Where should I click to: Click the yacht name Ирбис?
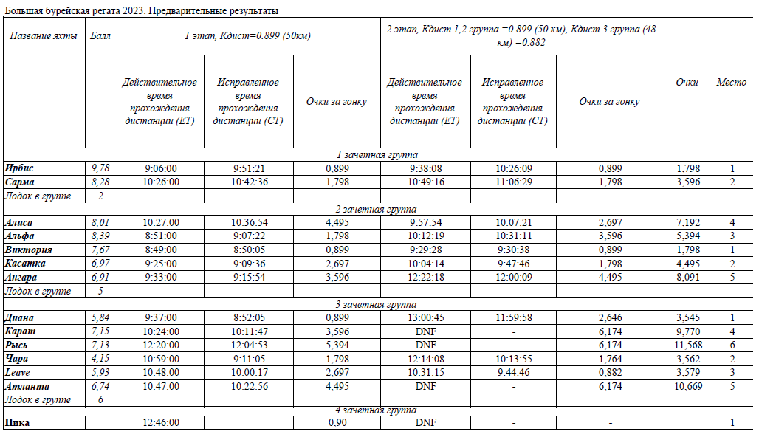19,168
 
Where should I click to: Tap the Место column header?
731,83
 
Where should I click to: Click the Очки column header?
687,83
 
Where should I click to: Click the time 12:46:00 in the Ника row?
160,422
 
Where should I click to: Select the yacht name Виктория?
28,250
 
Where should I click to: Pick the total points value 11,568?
687,345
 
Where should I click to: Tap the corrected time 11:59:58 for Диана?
512,317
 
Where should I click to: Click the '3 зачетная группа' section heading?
377,304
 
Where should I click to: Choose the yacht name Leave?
17,372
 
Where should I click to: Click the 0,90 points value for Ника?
337,422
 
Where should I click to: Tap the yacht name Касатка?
25,263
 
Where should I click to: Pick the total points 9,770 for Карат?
687,331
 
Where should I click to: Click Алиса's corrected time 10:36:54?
249,222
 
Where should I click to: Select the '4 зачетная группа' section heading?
377,410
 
